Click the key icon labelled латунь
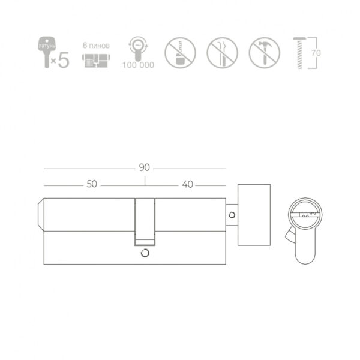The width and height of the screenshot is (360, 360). [x=47, y=52]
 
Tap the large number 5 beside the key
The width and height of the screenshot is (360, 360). [x=64, y=60]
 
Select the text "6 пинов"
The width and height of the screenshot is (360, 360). [x=96, y=46]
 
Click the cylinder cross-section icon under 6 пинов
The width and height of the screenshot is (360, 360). [x=96, y=61]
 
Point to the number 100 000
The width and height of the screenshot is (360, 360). [x=138, y=65]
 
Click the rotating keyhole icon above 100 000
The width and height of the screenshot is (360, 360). [x=138, y=49]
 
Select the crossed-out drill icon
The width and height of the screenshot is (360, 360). [x=180, y=53]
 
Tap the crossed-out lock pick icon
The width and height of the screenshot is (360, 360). [x=222, y=53]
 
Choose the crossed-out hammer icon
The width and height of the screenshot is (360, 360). [x=265, y=53]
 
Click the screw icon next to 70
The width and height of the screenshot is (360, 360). [x=299, y=53]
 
